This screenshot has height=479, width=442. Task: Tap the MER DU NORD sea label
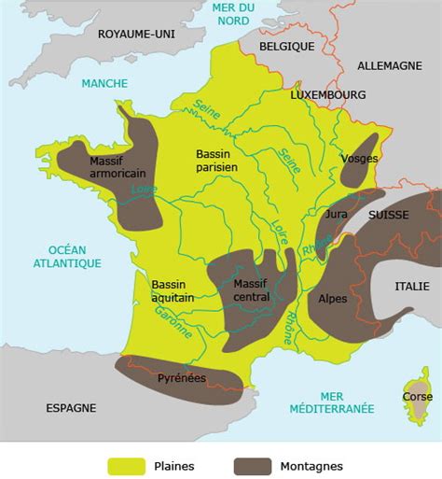point(233,16)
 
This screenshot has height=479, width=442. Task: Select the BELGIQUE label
point(286,44)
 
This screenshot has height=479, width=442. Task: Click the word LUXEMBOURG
point(327,94)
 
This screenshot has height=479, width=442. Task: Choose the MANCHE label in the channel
point(104,83)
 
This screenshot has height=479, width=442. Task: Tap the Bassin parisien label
point(216,160)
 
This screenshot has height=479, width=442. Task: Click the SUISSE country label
point(388,214)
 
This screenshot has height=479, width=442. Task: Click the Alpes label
point(333,300)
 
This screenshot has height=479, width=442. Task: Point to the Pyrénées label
point(182,378)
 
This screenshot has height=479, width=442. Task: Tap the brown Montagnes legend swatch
point(252,465)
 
